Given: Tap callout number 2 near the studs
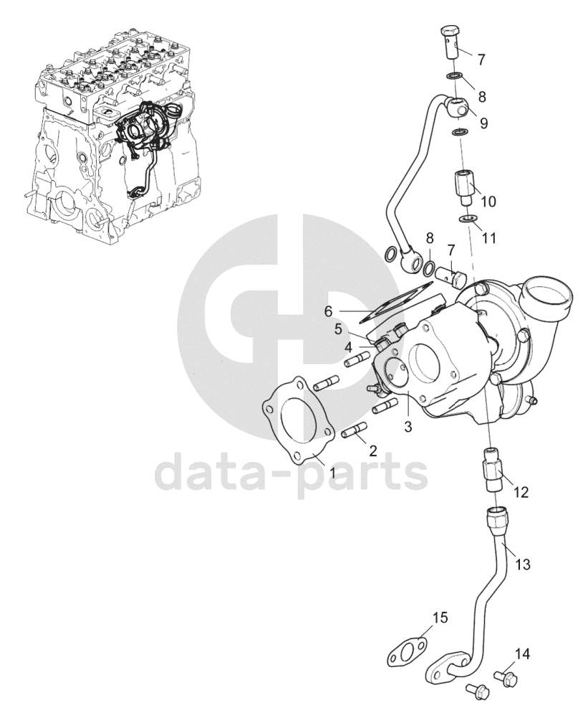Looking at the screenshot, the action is (372, 451).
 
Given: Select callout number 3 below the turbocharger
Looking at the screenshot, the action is (408, 427).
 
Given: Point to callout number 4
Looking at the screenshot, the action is (348, 346).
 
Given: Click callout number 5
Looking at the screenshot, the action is (337, 329).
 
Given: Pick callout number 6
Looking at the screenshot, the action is (329, 311).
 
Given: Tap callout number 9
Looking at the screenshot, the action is (483, 123).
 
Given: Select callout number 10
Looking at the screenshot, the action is (488, 202).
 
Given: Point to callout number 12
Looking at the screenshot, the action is (521, 493).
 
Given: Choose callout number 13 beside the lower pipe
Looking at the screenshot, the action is (523, 565).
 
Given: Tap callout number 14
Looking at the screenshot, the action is (523, 653).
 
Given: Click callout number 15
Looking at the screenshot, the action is (440, 618).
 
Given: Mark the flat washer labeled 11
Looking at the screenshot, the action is (466, 219).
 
